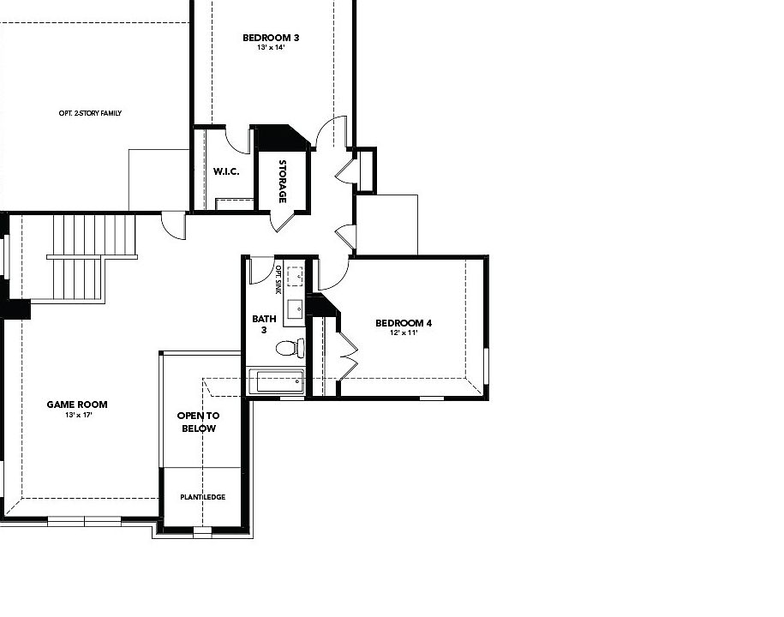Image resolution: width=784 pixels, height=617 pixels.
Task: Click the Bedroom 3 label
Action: (x=271, y=38)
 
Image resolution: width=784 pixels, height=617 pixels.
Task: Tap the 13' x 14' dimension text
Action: (x=271, y=47)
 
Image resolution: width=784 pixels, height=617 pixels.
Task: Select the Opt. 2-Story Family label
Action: (x=90, y=113)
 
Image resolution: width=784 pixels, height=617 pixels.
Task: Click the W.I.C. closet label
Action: (x=226, y=171)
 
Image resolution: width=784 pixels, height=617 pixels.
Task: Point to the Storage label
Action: (x=283, y=181)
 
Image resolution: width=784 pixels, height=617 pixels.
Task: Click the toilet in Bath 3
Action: (x=290, y=348)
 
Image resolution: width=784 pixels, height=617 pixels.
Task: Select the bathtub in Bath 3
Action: (x=276, y=382)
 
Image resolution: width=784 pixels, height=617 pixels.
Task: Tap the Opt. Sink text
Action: (x=278, y=279)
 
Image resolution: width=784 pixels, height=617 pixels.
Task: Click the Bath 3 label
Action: (x=264, y=324)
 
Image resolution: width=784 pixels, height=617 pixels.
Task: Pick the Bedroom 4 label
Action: (x=404, y=323)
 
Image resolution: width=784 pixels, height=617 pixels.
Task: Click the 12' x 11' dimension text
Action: (x=404, y=332)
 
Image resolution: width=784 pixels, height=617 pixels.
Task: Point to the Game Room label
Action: (x=77, y=404)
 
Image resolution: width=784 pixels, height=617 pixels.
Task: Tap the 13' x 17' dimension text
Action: (x=79, y=415)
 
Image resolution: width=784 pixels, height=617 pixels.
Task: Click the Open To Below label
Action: (x=199, y=422)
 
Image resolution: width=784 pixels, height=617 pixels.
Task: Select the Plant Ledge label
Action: (x=202, y=497)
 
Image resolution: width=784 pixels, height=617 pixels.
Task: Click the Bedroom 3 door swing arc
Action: (x=331, y=131)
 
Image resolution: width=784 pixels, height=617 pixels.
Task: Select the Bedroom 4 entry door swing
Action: (x=334, y=274)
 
